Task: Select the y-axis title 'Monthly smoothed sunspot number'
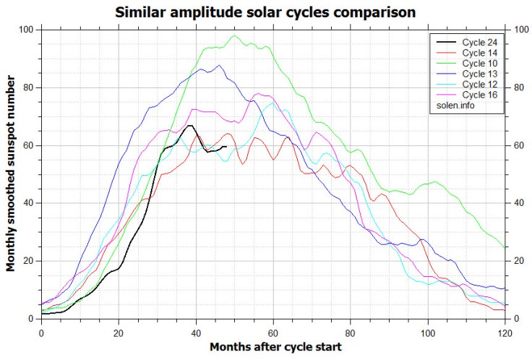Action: coord(11,174)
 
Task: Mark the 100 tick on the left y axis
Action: coord(27,30)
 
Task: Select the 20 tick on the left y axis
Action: coord(29,261)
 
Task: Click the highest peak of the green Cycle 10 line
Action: coord(234,35)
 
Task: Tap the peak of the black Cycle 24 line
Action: coord(190,126)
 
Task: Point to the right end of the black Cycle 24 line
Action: coord(226,146)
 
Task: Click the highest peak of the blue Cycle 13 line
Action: coord(219,65)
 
